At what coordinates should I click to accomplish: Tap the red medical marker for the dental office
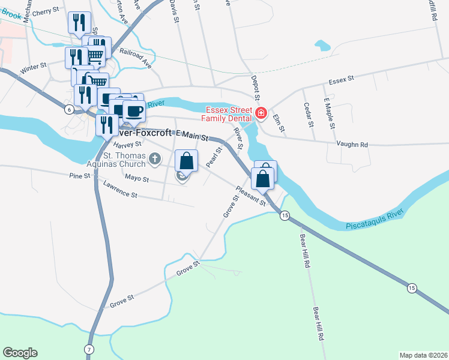tap(261, 113)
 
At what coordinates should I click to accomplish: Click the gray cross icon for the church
tap(155, 159)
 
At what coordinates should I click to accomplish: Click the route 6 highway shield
tap(70, 109)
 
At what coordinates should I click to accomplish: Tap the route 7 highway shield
tap(88, 349)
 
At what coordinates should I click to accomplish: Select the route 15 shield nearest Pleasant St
tap(285, 215)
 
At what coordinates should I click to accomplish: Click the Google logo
tap(20, 353)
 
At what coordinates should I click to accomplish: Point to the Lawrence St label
tap(120, 191)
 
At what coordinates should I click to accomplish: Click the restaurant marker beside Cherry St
tap(80, 23)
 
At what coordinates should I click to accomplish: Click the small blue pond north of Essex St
tap(322, 45)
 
